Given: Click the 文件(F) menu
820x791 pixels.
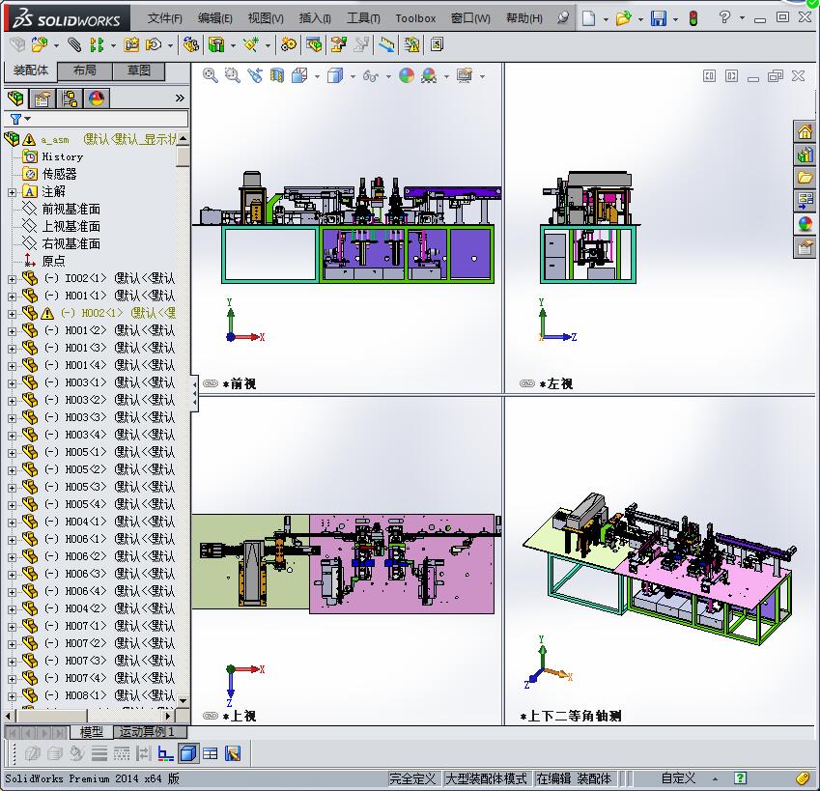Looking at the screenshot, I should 165,18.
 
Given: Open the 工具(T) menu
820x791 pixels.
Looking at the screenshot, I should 363,18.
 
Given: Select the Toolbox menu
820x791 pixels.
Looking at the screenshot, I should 415,18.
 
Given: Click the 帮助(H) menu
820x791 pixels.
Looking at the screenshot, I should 523,18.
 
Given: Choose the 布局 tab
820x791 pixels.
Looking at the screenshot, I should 85,71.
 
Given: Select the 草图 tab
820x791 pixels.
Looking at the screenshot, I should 139,71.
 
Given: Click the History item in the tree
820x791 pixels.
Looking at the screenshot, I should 62,156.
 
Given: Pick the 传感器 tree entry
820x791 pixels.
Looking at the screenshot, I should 59,174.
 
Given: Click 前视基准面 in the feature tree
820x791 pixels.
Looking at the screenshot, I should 71,209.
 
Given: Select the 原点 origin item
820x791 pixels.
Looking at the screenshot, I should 53,261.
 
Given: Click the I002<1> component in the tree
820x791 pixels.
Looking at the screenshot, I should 86,278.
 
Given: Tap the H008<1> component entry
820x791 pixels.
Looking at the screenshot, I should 86,695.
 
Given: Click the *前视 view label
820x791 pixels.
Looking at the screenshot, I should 239,383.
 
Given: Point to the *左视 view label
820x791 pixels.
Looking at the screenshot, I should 555,383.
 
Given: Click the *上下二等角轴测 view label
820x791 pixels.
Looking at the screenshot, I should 570,717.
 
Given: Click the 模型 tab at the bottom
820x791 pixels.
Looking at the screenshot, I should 92,732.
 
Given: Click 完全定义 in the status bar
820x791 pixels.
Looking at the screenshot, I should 413,778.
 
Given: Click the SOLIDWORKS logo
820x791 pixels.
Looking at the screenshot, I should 67,18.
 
